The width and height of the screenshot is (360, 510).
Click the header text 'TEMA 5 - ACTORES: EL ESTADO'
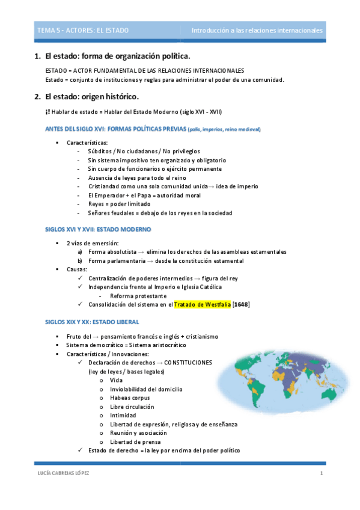tap(74, 30)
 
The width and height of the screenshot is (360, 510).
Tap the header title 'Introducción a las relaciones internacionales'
tap(257, 30)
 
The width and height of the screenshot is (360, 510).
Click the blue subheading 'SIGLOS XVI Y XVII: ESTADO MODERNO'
tap(99, 230)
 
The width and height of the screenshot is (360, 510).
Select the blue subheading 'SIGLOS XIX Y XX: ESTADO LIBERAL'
tap(93, 322)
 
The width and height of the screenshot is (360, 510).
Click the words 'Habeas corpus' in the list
tap(130, 398)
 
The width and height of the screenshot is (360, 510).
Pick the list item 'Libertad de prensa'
tap(135, 442)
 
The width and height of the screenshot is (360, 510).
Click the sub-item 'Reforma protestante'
tap(138, 296)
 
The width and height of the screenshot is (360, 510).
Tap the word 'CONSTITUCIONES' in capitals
tap(188, 363)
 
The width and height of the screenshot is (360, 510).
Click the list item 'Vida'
tap(117, 380)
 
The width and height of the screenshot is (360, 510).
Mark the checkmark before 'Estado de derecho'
tap(81, 450)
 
